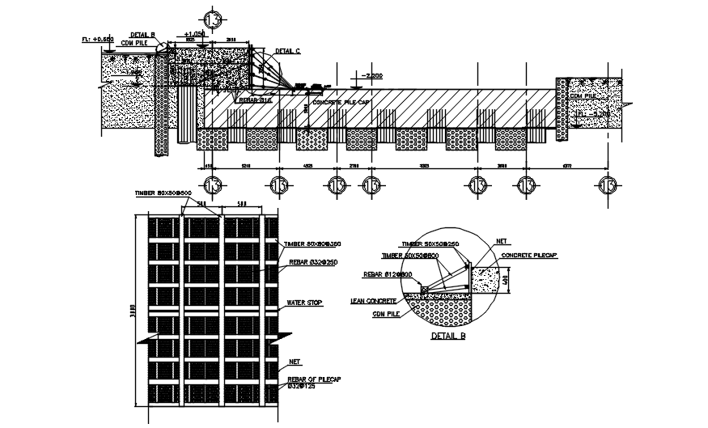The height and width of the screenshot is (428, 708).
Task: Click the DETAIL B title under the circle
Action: pyautogui.click(x=447, y=334)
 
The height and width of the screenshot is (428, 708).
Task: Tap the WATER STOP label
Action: pyautogui.click(x=305, y=303)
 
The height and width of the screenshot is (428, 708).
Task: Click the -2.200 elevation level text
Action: pyautogui.click(x=371, y=75)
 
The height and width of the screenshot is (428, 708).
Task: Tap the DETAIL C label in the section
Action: pyautogui.click(x=287, y=51)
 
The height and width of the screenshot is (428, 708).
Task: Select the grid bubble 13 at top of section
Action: pyautogui.click(x=214, y=18)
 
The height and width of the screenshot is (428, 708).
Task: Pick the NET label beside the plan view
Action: pyautogui.click(x=295, y=362)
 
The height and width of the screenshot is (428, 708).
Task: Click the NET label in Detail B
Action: pyautogui.click(x=501, y=241)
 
